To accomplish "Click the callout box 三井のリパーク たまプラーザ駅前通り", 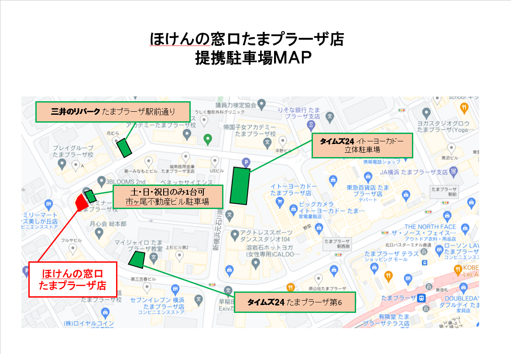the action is coord(113,112).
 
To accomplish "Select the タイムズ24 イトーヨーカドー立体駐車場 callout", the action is coord(362,146).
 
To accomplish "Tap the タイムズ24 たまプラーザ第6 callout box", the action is coord(295,302).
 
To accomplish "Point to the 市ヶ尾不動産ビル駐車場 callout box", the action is coord(168,196).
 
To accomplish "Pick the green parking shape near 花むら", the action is coord(124,147).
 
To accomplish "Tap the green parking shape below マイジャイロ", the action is coord(137,259).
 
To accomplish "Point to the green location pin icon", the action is coord(208,140).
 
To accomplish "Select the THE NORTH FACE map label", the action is coord(430,227).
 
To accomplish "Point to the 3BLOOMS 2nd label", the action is coord(127,182).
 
